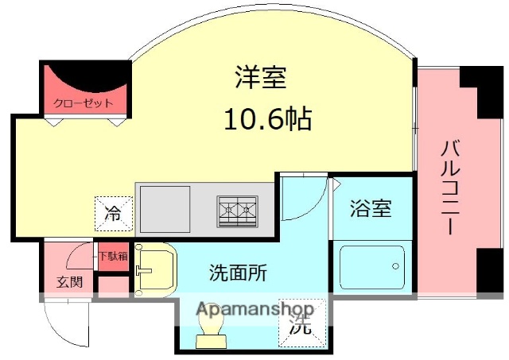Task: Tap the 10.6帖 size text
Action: tap(266, 120)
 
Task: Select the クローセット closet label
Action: tap(84, 103)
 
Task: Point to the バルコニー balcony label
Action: tap(449, 188)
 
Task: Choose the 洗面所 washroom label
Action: tap(238, 273)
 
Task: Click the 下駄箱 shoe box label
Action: tap(112, 257)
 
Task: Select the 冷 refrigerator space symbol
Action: tap(113, 213)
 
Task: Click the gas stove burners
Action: tap(238, 211)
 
